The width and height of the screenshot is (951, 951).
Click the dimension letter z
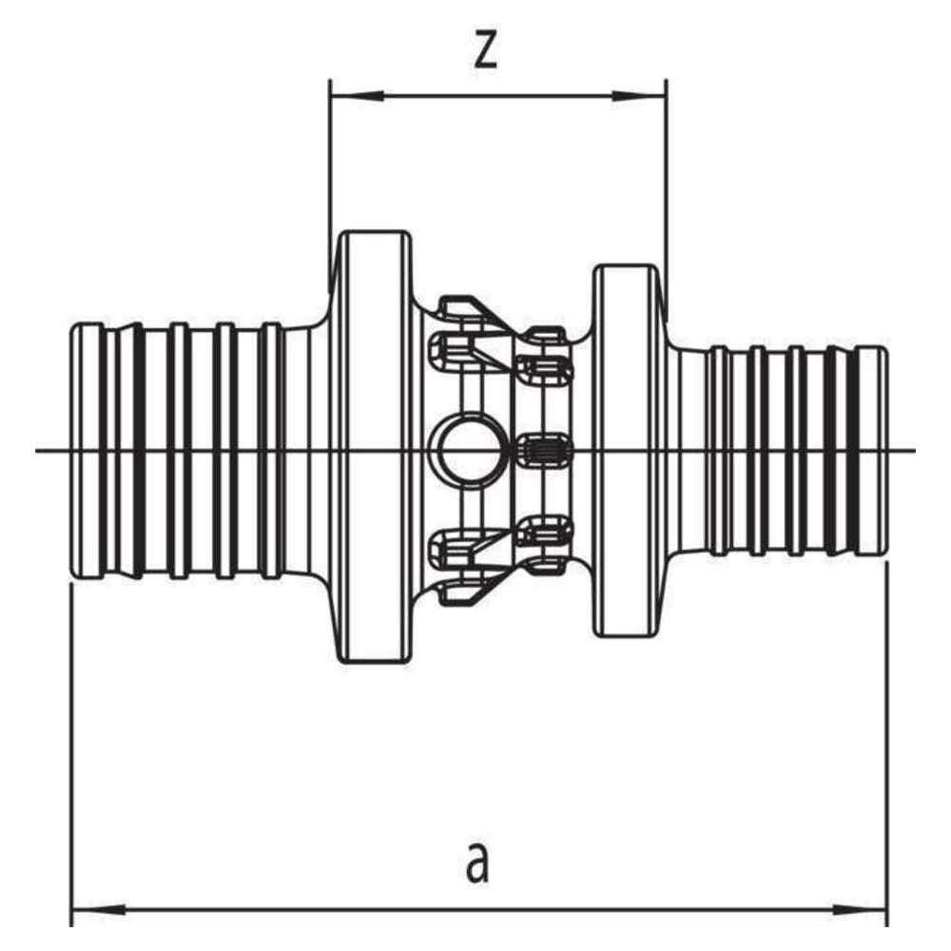[485, 48]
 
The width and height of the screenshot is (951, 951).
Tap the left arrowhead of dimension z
[357, 95]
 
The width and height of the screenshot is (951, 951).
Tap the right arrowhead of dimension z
[639, 95]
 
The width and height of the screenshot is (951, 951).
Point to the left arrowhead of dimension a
[99, 910]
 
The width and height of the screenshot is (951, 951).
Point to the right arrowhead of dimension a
[860, 910]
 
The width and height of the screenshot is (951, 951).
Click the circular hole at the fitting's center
[460, 451]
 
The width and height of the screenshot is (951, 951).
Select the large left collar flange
[373, 447]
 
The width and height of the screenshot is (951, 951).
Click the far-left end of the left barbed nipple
[73, 451]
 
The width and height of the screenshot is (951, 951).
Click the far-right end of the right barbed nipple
[885, 451]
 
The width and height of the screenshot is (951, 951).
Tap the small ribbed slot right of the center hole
[543, 451]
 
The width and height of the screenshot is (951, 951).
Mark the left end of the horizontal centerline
[36, 451]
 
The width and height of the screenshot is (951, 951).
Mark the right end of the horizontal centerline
[915, 451]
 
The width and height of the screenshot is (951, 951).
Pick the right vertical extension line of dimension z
[667, 200]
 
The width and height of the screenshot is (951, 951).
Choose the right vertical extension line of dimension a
[886, 743]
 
